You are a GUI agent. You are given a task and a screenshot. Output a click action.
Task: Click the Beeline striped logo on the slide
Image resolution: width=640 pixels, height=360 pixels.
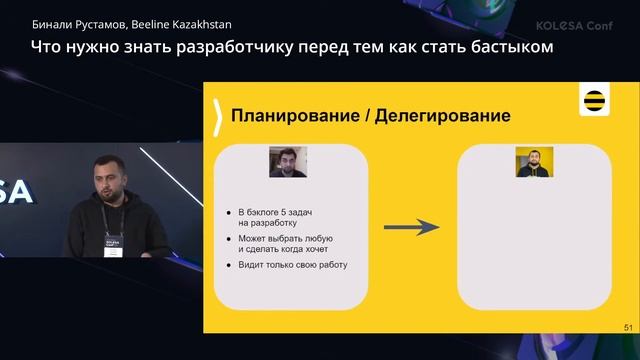[596, 102]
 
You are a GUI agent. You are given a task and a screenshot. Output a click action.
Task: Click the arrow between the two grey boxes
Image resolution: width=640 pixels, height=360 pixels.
[412, 227]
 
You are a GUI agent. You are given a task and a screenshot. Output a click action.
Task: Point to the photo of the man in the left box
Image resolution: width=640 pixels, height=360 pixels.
[288, 162]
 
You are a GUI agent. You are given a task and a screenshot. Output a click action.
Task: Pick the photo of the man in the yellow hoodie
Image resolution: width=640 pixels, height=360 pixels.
[534, 162]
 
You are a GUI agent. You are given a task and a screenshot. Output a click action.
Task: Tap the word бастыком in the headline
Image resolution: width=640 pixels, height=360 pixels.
[511, 46]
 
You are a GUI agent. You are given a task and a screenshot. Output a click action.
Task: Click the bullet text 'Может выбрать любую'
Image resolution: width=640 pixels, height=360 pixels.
[285, 238]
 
